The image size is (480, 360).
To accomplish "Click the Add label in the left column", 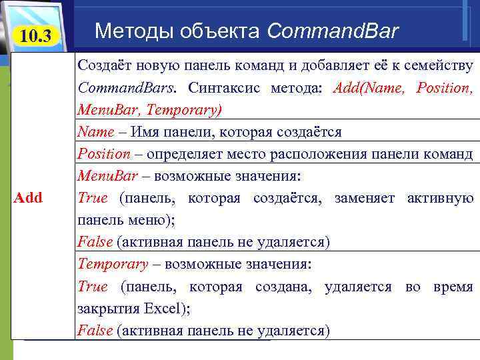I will pos(29,197).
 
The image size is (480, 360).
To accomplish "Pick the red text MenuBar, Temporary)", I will pos(150,109).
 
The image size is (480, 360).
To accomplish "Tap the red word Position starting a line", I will pos(104,154).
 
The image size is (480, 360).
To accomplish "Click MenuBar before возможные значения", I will pos(107,176).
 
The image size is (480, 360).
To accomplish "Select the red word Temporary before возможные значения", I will pos(113,264).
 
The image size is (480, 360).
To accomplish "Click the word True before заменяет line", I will pos(92,198).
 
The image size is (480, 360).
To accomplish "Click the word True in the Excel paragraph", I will pos(92,287).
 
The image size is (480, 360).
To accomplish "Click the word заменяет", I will pos(365,198).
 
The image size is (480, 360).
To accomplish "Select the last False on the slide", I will pos(94,331).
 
